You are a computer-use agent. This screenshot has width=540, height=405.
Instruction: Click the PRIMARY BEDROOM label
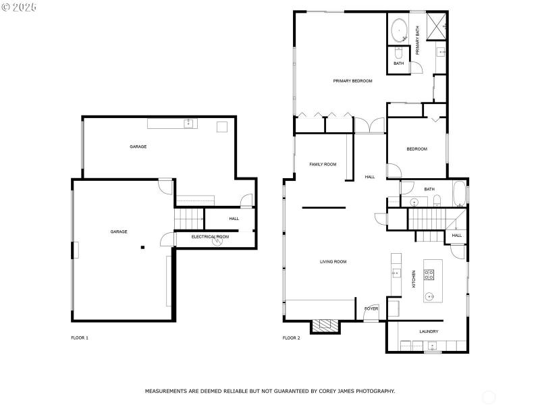352,81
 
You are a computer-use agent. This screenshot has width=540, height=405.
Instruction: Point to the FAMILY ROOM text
323,164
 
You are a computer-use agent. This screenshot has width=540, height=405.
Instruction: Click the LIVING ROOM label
333,261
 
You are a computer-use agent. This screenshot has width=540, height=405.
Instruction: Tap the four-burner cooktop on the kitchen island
429,274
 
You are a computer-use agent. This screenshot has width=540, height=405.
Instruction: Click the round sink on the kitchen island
429,296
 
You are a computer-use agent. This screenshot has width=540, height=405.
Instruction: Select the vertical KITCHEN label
413,279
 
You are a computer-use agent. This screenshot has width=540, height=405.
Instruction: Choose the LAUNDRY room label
429,331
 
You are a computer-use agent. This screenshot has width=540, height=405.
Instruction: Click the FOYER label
371,308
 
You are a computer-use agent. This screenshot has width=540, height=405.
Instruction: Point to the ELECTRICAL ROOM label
210,237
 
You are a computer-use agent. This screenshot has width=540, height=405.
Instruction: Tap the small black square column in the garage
142,248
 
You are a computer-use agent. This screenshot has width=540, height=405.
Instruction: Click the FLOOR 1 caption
80,337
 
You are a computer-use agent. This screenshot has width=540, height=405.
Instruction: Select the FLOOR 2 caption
291,337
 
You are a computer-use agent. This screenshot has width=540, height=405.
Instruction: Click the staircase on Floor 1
189,219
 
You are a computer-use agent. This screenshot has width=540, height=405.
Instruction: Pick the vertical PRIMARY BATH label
418,40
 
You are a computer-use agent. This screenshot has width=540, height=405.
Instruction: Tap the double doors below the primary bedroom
369,125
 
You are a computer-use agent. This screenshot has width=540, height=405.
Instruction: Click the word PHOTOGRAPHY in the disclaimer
371,391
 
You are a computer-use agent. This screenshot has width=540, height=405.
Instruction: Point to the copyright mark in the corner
6,7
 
